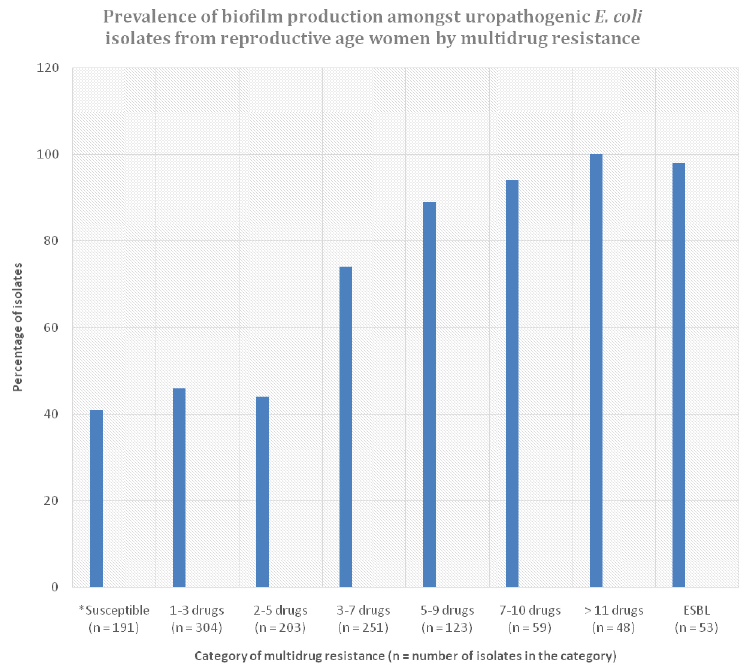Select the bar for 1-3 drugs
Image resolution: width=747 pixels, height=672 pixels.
179,488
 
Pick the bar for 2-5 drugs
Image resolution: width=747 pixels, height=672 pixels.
262,492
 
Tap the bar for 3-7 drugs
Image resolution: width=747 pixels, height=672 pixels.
346,427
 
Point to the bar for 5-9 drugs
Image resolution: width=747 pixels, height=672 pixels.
429,394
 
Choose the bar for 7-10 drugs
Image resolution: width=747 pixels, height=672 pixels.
512,383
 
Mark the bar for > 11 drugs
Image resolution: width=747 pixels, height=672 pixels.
596,371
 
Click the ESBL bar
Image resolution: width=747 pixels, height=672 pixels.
679,375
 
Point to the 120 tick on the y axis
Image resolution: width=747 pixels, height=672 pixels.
48,68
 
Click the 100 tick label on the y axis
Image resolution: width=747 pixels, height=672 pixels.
48,154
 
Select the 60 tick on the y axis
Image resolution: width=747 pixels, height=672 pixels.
50,328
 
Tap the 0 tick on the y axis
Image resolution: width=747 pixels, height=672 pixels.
55,587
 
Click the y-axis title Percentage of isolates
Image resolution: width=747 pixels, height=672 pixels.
18,327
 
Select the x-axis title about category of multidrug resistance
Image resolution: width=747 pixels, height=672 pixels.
405,656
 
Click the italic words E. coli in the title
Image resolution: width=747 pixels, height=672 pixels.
618,17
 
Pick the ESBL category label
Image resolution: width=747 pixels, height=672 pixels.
696,610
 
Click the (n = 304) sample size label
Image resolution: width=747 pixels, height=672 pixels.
196,628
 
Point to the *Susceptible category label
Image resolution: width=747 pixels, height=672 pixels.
114,610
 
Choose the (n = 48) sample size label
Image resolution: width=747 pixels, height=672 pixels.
613,628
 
